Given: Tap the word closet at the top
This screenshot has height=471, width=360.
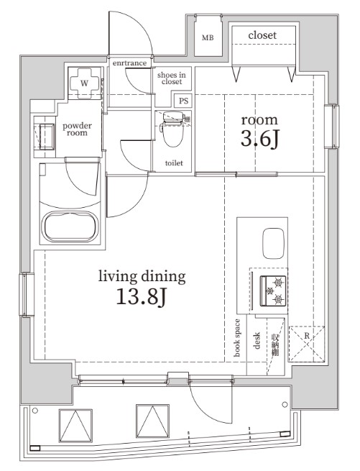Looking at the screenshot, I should tap(262, 35).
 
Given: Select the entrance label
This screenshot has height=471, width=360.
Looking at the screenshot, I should tap(129, 63).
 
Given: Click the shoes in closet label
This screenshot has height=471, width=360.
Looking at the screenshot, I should tap(172, 78).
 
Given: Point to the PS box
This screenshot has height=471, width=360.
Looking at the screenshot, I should tap(184, 101).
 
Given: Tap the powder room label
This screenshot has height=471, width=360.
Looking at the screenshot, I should tap(77, 129).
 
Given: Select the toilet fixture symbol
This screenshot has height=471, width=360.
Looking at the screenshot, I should tap(172, 129).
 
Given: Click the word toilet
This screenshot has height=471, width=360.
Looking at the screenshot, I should tap(174, 163).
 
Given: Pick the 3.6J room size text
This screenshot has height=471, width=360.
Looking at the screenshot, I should tap(259, 139).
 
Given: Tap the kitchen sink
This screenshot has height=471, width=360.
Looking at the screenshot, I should tap(274, 244).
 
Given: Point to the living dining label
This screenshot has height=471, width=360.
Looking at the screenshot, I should tap(142, 276).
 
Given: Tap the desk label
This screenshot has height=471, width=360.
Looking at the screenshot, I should tap(256, 339).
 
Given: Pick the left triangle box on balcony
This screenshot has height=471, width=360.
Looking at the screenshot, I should tap(75, 425).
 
